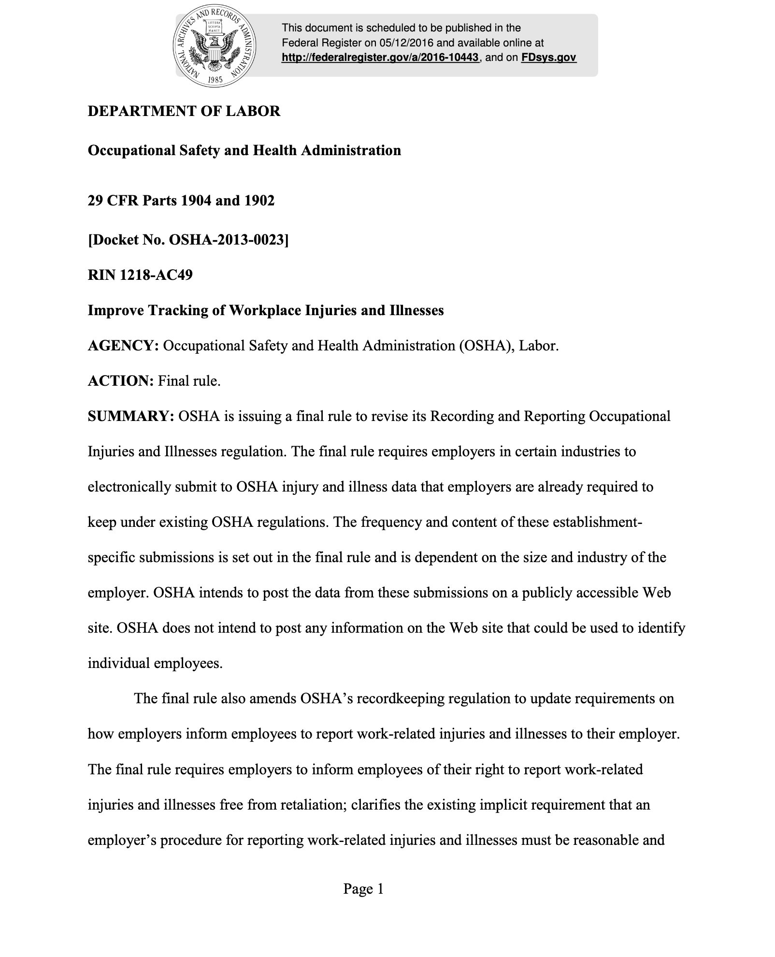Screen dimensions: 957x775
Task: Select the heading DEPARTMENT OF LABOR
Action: [184, 111]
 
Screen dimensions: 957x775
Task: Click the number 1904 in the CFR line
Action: [196, 200]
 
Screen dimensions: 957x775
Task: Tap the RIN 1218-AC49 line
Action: [140, 275]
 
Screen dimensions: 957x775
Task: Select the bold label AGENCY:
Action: [123, 346]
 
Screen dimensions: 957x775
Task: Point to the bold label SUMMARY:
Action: [130, 417]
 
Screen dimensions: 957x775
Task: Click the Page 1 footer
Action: [363, 889]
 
